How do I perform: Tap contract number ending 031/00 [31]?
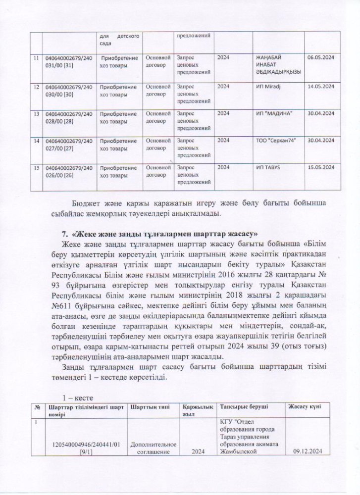click(68, 61)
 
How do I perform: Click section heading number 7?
click(63, 232)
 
